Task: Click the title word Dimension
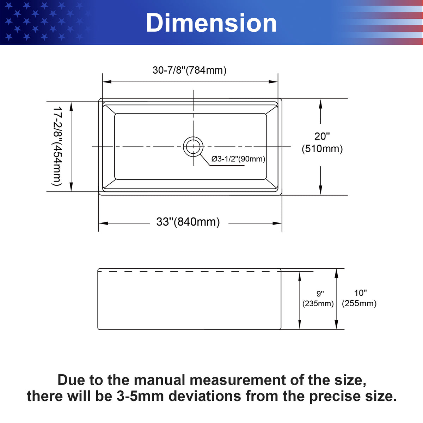click(x=211, y=23)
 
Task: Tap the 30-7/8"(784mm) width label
click(x=189, y=70)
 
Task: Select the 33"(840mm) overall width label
click(x=188, y=222)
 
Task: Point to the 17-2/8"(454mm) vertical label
click(x=57, y=146)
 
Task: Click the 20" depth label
click(x=322, y=136)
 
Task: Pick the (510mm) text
click(x=322, y=149)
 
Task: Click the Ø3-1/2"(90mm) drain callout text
click(x=238, y=159)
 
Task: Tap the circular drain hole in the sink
click(x=193, y=147)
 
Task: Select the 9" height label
click(x=320, y=294)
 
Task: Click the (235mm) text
click(x=318, y=304)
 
